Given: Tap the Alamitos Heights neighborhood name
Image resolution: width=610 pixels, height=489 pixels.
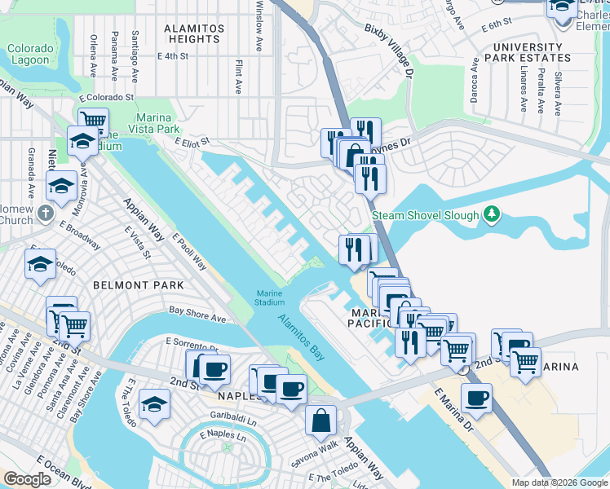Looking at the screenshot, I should [193, 33].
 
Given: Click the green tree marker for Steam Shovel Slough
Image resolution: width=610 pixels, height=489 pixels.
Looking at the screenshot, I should [491, 214].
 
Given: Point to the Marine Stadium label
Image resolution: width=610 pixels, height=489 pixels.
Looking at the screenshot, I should [270, 297].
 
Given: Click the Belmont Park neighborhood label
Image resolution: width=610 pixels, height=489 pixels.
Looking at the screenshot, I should [138, 285].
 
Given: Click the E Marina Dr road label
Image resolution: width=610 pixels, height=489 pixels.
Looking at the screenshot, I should [453, 409].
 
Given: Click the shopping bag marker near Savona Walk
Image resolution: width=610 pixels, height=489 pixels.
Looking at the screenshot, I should [321, 421].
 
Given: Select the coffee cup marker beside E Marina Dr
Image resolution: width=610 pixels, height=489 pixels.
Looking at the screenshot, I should [476, 399].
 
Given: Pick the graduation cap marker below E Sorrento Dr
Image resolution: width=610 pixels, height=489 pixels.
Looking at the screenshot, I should [154, 404].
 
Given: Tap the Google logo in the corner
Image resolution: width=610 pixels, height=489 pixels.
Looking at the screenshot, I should [27, 479].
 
